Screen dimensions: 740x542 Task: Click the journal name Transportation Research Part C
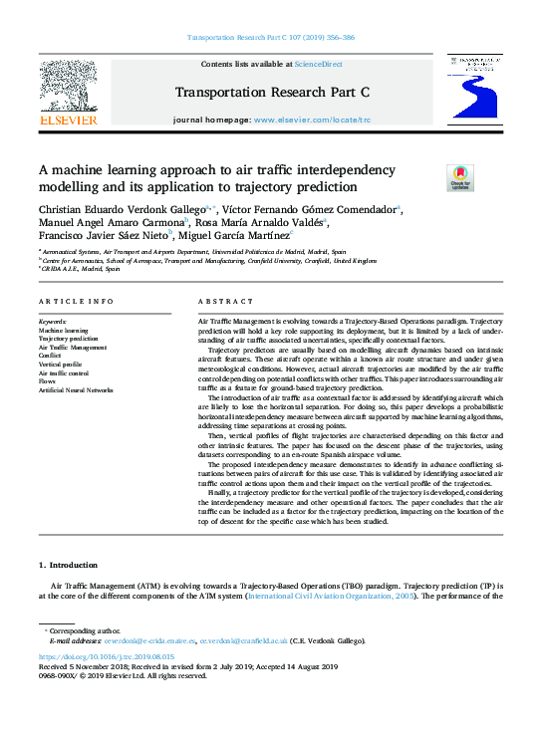click(272, 93)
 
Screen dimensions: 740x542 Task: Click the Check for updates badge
click(431, 177)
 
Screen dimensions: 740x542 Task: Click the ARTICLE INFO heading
click(76, 301)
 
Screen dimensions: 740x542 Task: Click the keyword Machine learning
click(63, 331)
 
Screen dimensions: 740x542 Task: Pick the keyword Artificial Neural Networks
click(76, 390)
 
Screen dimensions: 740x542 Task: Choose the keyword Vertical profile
click(60, 365)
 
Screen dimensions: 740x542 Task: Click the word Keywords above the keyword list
click(53, 322)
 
